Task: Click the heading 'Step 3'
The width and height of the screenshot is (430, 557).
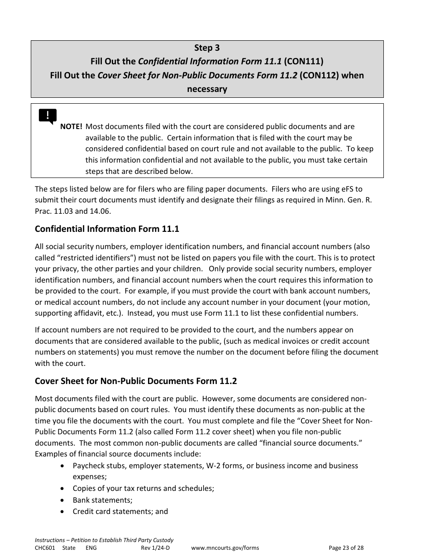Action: (x=207, y=48)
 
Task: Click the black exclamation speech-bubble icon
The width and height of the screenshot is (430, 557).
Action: (x=48, y=116)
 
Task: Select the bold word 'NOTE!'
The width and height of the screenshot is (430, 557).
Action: (x=71, y=127)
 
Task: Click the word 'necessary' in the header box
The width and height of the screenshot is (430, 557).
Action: (x=207, y=89)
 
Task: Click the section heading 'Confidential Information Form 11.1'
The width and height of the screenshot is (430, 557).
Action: (x=107, y=229)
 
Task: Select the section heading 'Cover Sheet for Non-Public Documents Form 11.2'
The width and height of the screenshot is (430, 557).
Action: (x=136, y=381)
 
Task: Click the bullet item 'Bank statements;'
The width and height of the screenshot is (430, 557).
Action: (x=102, y=500)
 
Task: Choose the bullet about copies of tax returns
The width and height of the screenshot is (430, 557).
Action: (x=143, y=489)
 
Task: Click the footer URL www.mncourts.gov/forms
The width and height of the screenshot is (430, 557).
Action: (x=225, y=548)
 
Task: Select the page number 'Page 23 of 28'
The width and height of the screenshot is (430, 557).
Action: (x=346, y=548)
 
